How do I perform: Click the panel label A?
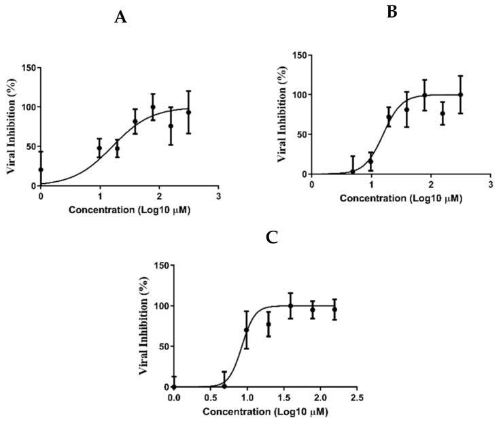click(x=120, y=18)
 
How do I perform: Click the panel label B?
click(x=392, y=12)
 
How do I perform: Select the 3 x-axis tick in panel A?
click(x=218, y=196)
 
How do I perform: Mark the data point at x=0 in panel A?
click(x=41, y=170)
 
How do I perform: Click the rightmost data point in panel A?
click(x=188, y=112)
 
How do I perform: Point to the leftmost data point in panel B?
click(x=352, y=172)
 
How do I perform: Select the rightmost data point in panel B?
click(x=460, y=94)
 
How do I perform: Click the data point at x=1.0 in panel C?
click(x=247, y=330)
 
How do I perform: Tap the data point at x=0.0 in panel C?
click(x=173, y=386)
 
